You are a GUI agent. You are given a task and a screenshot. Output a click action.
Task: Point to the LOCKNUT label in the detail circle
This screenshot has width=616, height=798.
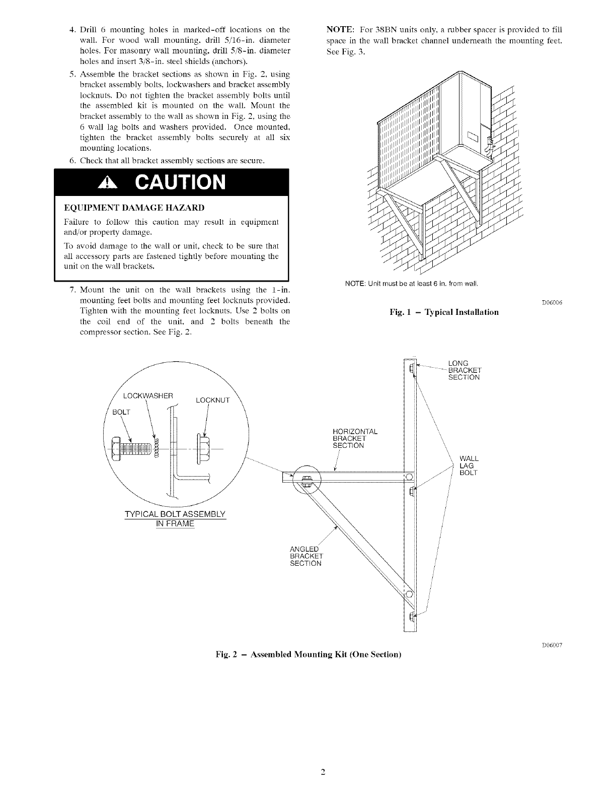212,401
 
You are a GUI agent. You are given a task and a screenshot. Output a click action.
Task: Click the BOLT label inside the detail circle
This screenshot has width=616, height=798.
121,412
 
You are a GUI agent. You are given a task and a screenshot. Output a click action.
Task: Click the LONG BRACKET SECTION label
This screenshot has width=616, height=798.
464,370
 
